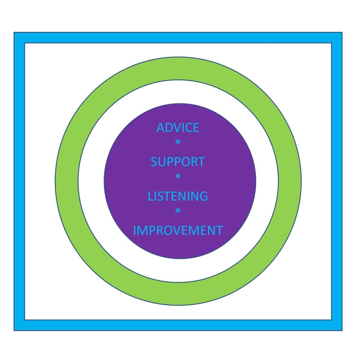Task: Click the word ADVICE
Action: coord(177,127)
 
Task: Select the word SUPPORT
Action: coord(177,162)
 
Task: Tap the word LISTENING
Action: coord(178,196)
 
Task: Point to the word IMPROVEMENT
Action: coord(178,230)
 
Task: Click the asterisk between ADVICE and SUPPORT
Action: coord(177,143)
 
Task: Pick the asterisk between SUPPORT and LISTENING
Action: coord(177,177)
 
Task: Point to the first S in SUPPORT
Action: coord(154,162)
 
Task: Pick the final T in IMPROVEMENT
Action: coord(219,230)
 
